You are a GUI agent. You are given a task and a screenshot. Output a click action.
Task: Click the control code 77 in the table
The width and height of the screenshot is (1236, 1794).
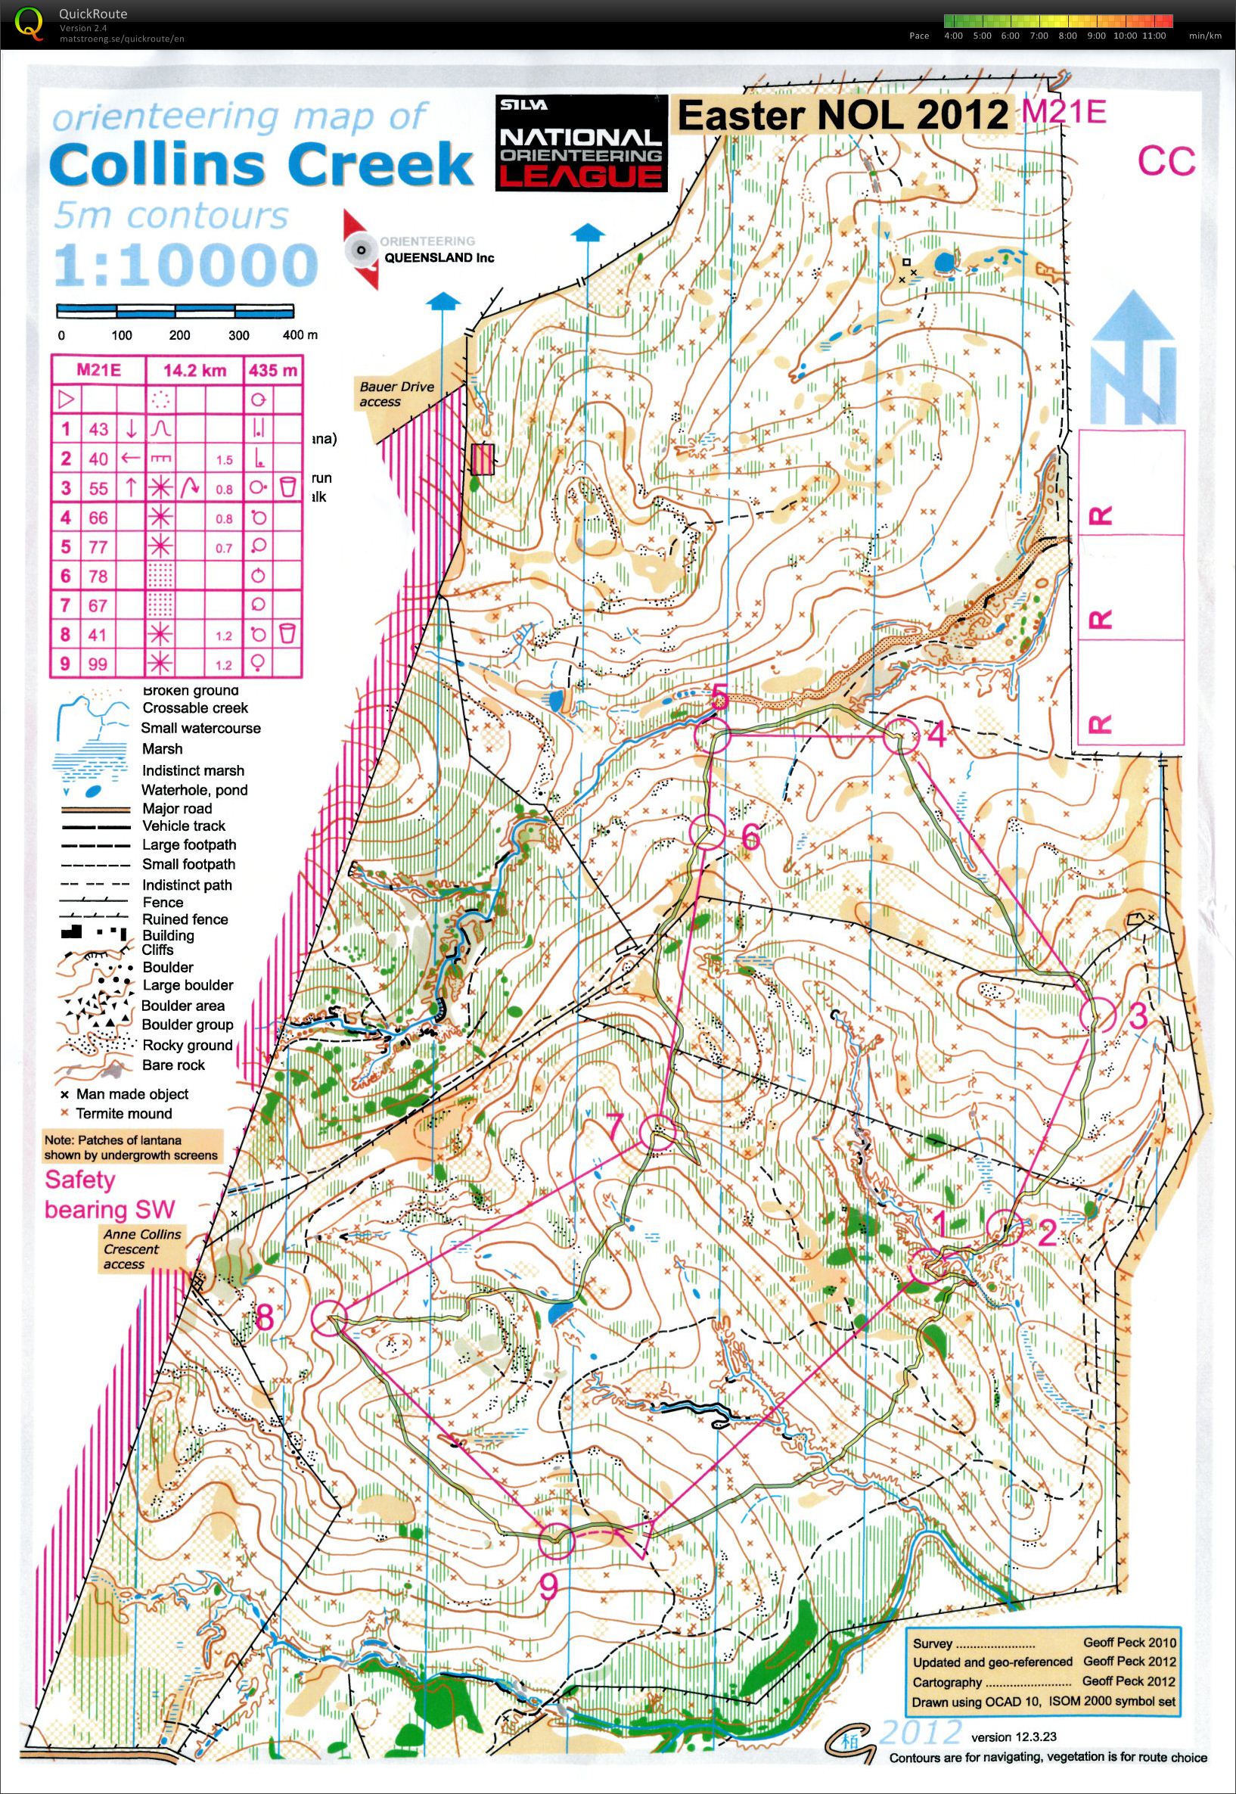coord(98,547)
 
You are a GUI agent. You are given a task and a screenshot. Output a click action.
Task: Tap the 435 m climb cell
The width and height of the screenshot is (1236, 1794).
coord(272,370)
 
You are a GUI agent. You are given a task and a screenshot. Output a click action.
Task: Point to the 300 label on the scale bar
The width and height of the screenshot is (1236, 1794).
coord(238,335)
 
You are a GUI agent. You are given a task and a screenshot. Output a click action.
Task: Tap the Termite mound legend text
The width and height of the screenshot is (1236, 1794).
coord(124,1113)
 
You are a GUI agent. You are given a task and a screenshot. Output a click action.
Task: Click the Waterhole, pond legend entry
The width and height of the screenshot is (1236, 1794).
coord(194,790)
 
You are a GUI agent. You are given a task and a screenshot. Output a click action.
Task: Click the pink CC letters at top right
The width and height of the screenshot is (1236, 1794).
coord(1166,162)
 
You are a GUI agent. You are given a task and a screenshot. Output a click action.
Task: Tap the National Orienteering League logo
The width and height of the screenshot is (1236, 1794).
coord(581,142)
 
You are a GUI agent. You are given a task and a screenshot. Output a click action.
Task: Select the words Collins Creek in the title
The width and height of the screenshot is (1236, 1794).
coord(263,164)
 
